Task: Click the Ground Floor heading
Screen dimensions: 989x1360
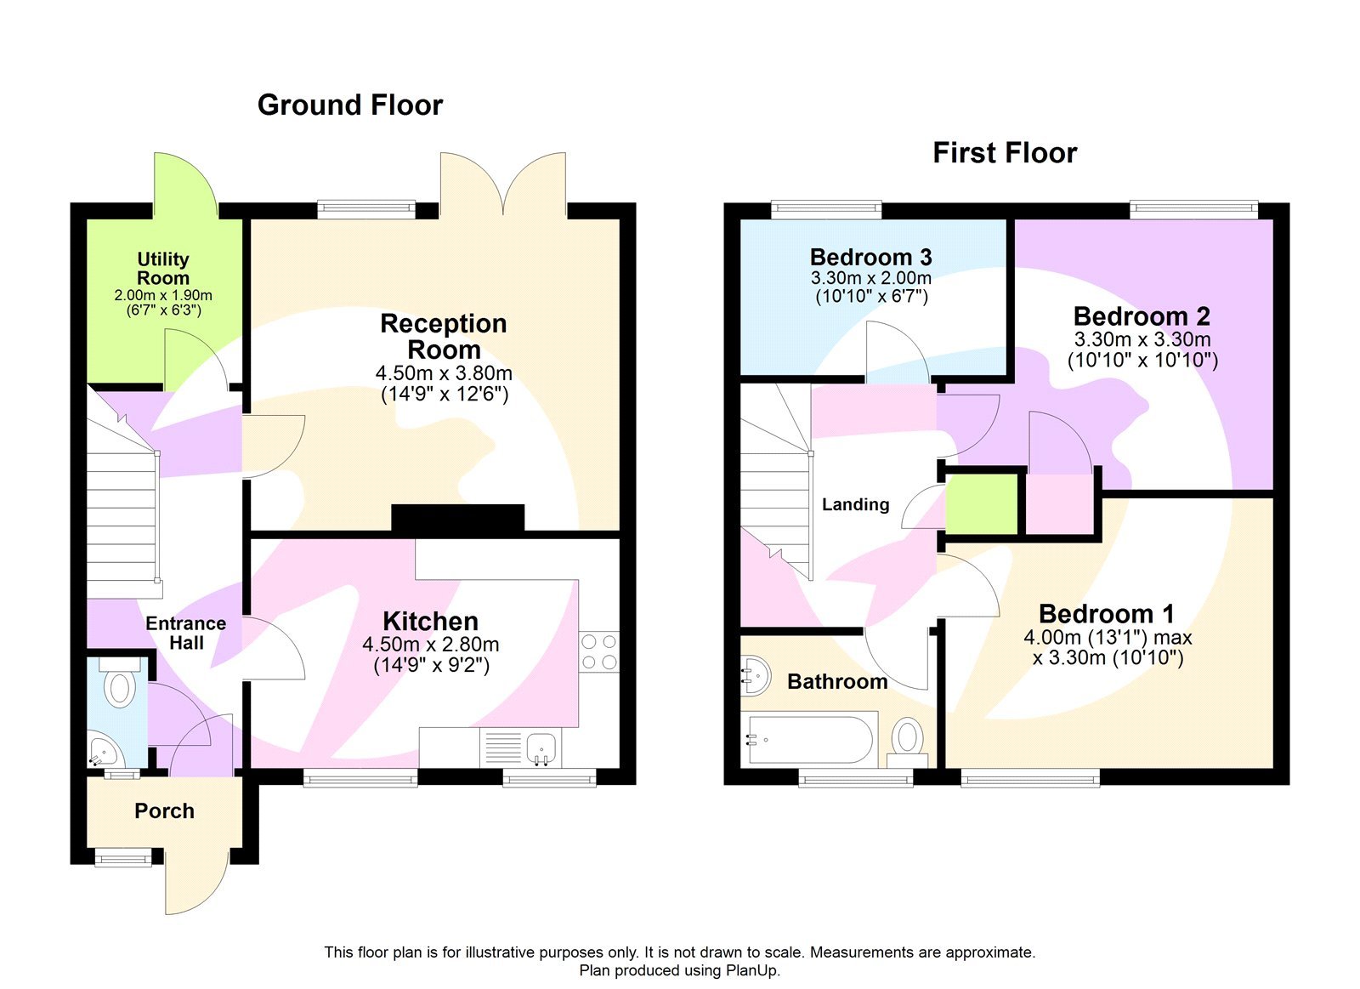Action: coord(349,105)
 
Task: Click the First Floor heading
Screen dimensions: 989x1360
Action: coord(1004,153)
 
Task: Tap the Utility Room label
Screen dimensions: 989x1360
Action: coord(163,268)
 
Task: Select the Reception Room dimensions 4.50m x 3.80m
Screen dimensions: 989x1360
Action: coord(444,373)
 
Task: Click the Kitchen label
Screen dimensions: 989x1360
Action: coord(430,621)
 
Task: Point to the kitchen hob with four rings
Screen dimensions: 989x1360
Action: coord(599,652)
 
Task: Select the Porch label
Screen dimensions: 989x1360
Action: coord(164,811)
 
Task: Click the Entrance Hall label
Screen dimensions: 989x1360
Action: coord(185,633)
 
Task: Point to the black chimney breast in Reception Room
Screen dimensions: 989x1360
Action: coord(457,518)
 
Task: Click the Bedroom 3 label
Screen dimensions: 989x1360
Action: coord(870,257)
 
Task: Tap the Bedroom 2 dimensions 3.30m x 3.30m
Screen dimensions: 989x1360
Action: coord(1142,339)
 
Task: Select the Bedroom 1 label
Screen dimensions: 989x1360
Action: coord(1106,614)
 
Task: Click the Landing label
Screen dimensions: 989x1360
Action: coord(855,504)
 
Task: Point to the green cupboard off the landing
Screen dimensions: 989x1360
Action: coord(982,503)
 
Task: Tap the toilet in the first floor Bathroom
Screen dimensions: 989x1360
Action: coord(907,738)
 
